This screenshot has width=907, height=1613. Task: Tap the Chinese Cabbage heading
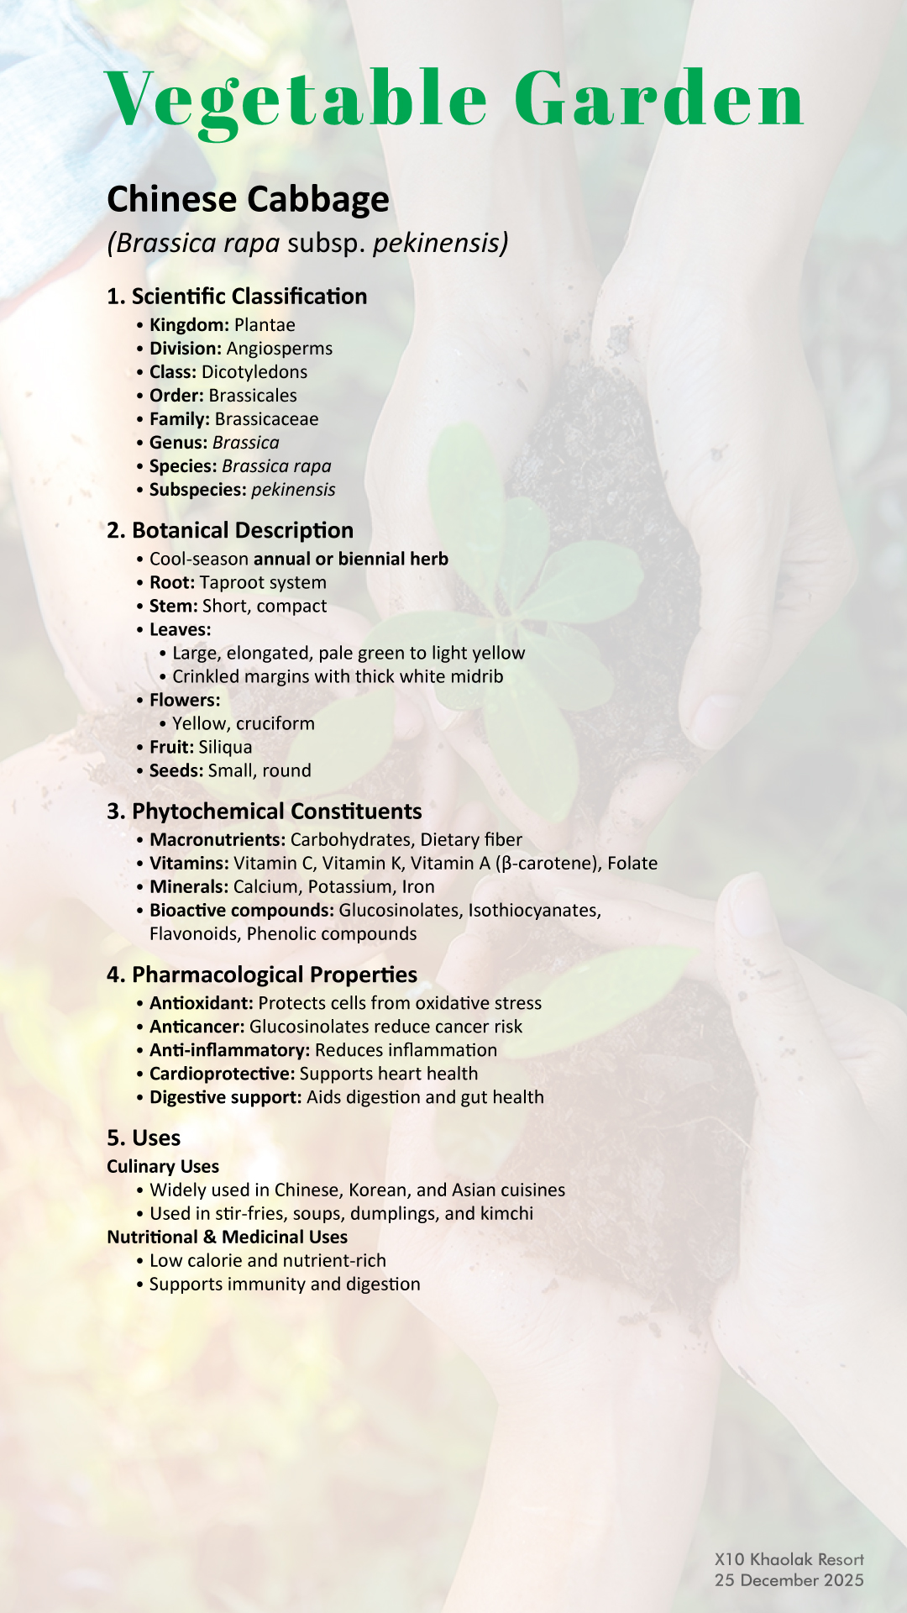click(248, 200)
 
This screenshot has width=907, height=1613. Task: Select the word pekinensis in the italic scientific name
click(439, 243)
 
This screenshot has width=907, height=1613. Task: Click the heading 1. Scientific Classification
click(237, 297)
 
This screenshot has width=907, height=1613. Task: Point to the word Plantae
click(265, 325)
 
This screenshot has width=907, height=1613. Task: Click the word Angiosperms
click(280, 349)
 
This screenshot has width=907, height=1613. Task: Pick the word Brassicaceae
click(266, 419)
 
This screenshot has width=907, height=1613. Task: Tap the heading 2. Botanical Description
click(230, 531)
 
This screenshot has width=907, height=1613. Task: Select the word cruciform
click(275, 724)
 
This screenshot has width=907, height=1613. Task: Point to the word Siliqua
click(225, 748)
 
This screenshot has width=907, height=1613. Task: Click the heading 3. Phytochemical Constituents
click(265, 812)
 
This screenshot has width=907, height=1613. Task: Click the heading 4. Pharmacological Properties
click(262, 975)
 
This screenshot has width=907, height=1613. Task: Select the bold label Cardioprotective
click(222, 1074)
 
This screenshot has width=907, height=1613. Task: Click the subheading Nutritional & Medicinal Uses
click(227, 1237)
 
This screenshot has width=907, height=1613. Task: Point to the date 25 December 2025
click(789, 1580)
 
